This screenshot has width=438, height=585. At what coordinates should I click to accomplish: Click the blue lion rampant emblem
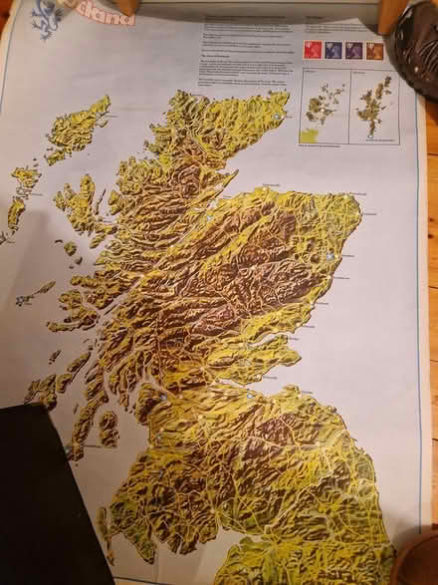point(46,18)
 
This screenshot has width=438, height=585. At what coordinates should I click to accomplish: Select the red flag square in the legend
point(312,50)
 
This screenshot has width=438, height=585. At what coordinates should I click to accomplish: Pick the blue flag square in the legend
point(332,50)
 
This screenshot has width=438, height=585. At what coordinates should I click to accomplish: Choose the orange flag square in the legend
point(374,50)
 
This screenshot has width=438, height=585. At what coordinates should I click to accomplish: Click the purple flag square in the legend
point(353,50)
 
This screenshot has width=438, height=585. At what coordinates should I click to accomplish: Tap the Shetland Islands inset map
point(374,106)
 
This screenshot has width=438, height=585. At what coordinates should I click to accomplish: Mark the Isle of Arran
point(109,428)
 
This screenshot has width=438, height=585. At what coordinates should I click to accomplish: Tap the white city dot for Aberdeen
point(329,256)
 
